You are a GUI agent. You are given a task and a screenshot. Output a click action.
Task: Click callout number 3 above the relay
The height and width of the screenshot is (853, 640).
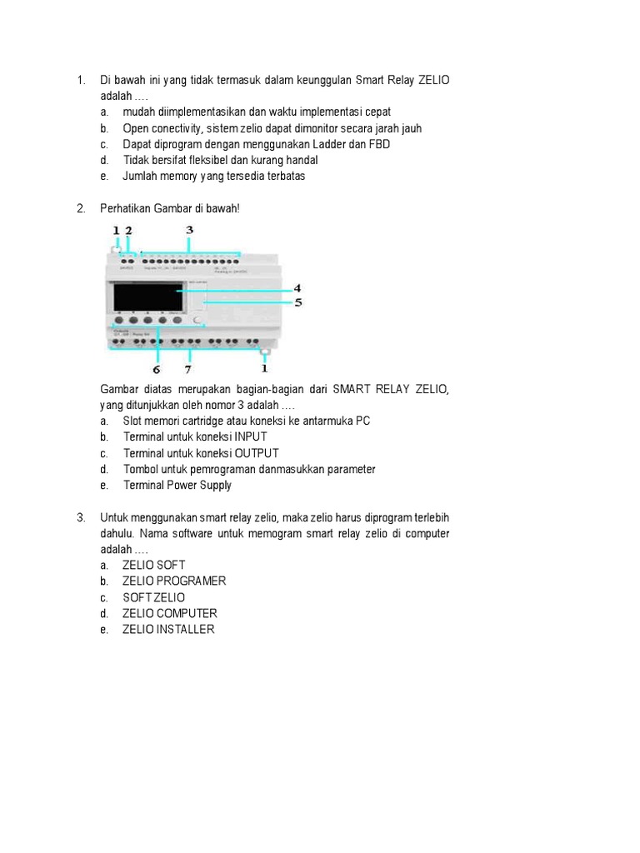coord(189,229)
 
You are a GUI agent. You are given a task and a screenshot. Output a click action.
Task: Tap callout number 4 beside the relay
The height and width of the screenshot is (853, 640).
coord(297,288)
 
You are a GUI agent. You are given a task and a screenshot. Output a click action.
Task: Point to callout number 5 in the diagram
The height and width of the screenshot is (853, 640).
coord(297,302)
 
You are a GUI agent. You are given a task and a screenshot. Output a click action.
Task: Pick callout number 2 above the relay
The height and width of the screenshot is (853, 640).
coord(128,229)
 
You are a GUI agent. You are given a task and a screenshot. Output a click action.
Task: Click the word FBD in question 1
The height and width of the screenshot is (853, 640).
coord(379,144)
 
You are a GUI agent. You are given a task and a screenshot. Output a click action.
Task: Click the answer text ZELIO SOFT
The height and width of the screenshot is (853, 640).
coord(153,565)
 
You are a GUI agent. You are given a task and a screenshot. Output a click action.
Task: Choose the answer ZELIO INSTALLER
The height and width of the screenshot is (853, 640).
coord(168,630)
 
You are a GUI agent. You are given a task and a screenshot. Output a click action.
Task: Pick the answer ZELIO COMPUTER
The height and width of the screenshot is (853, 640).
coord(169,613)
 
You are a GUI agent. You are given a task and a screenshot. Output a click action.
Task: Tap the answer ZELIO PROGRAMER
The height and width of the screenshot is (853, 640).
coord(174,581)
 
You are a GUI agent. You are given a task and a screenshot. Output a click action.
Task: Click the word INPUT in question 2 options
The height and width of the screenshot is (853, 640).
coord(251,436)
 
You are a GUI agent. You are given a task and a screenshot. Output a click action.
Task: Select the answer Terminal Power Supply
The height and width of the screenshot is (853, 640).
coord(177,485)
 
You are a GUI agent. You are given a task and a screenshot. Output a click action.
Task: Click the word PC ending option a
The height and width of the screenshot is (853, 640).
coord(362,421)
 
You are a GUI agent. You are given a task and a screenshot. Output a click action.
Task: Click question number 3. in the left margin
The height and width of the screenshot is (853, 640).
coord(81,517)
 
